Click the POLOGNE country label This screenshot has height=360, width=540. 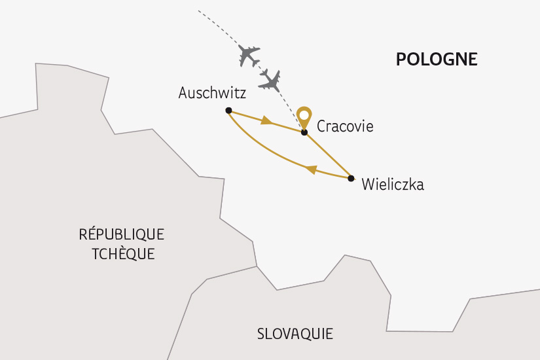point(437,60)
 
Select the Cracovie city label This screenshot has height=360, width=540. point(345,126)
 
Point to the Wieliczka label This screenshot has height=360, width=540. point(393,185)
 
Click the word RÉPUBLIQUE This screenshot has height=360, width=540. point(121,234)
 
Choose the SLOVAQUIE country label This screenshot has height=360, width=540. point(295,334)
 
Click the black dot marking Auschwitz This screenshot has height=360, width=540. point(228,110)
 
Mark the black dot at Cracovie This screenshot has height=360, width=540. point(304,132)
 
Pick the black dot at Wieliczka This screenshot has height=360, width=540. point(351,178)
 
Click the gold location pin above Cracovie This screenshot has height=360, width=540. point(304,117)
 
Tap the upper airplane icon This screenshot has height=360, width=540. point(249,55)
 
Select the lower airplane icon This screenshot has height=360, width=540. point(270,81)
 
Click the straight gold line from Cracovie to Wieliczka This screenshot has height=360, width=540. point(328,155)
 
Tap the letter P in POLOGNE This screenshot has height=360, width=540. point(401,60)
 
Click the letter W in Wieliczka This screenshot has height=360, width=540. point(368,185)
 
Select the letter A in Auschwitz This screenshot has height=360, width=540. point(183,94)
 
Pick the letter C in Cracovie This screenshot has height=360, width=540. point(321,126)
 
